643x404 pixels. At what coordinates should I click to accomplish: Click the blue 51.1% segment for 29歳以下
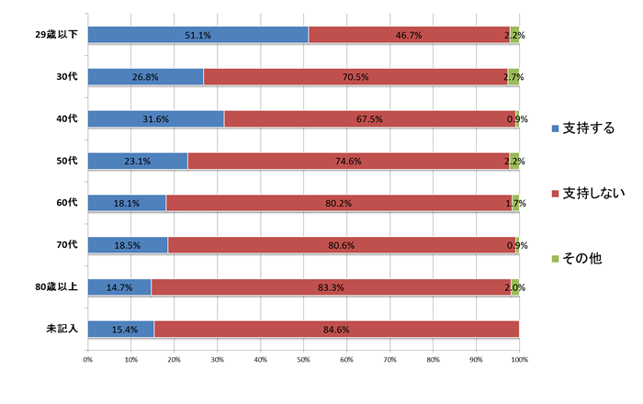coord(197,35)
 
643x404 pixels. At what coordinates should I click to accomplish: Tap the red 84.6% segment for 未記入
coord(336,329)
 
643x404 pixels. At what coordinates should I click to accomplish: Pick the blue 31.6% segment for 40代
coord(156,118)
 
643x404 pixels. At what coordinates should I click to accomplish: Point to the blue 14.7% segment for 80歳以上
coord(119,286)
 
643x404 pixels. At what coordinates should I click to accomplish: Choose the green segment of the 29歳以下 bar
coord(514,35)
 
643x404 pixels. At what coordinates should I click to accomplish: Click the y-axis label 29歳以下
coord(58,35)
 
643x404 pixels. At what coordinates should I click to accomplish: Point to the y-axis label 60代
coord(67,203)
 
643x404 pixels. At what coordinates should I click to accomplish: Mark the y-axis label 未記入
coord(63,329)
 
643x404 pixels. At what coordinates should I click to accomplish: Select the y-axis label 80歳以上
coord(58,286)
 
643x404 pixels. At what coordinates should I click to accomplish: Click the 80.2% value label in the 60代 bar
coord(339,203)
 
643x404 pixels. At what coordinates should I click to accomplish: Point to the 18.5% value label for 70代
coord(129,245)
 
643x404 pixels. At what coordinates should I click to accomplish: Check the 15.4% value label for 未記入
coord(121,329)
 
